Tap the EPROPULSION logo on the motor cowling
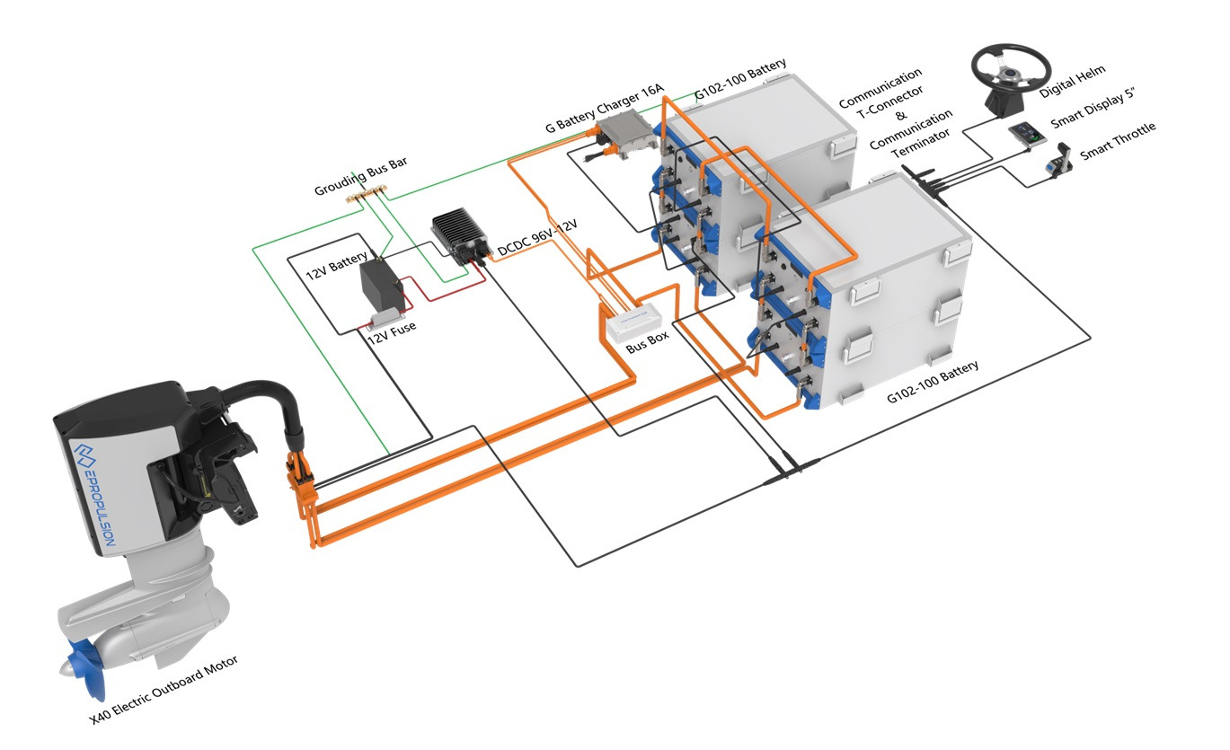coord(92,494)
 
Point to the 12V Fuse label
coord(391,328)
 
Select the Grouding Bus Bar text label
coord(361,176)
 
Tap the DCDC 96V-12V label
coord(537,237)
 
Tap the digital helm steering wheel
coord(1011,72)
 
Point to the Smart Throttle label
coord(1119,140)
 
